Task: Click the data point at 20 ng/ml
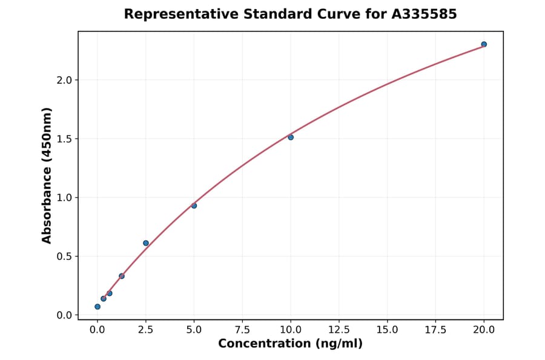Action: (484, 44)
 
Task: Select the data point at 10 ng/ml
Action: (291, 137)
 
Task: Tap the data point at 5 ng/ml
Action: (194, 205)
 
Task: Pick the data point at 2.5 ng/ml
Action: (146, 243)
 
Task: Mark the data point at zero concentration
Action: (97, 307)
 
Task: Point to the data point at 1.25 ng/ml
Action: (122, 276)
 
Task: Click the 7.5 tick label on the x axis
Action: (242, 330)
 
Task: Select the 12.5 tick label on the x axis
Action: (339, 330)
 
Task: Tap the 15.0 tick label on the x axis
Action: (388, 330)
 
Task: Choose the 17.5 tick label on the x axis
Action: (436, 330)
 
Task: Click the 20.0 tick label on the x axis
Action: (484, 330)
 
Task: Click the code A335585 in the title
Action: (424, 14)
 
